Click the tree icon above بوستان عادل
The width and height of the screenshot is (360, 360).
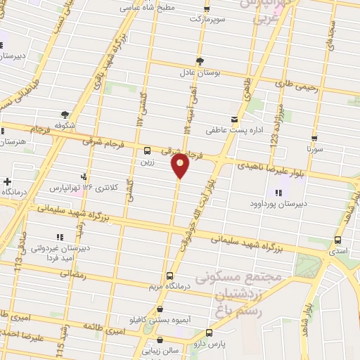(201, 60)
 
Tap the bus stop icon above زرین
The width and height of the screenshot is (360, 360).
(147, 150)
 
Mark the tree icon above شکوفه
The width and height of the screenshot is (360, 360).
(65, 115)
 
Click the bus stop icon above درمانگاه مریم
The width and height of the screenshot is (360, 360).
(169, 276)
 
